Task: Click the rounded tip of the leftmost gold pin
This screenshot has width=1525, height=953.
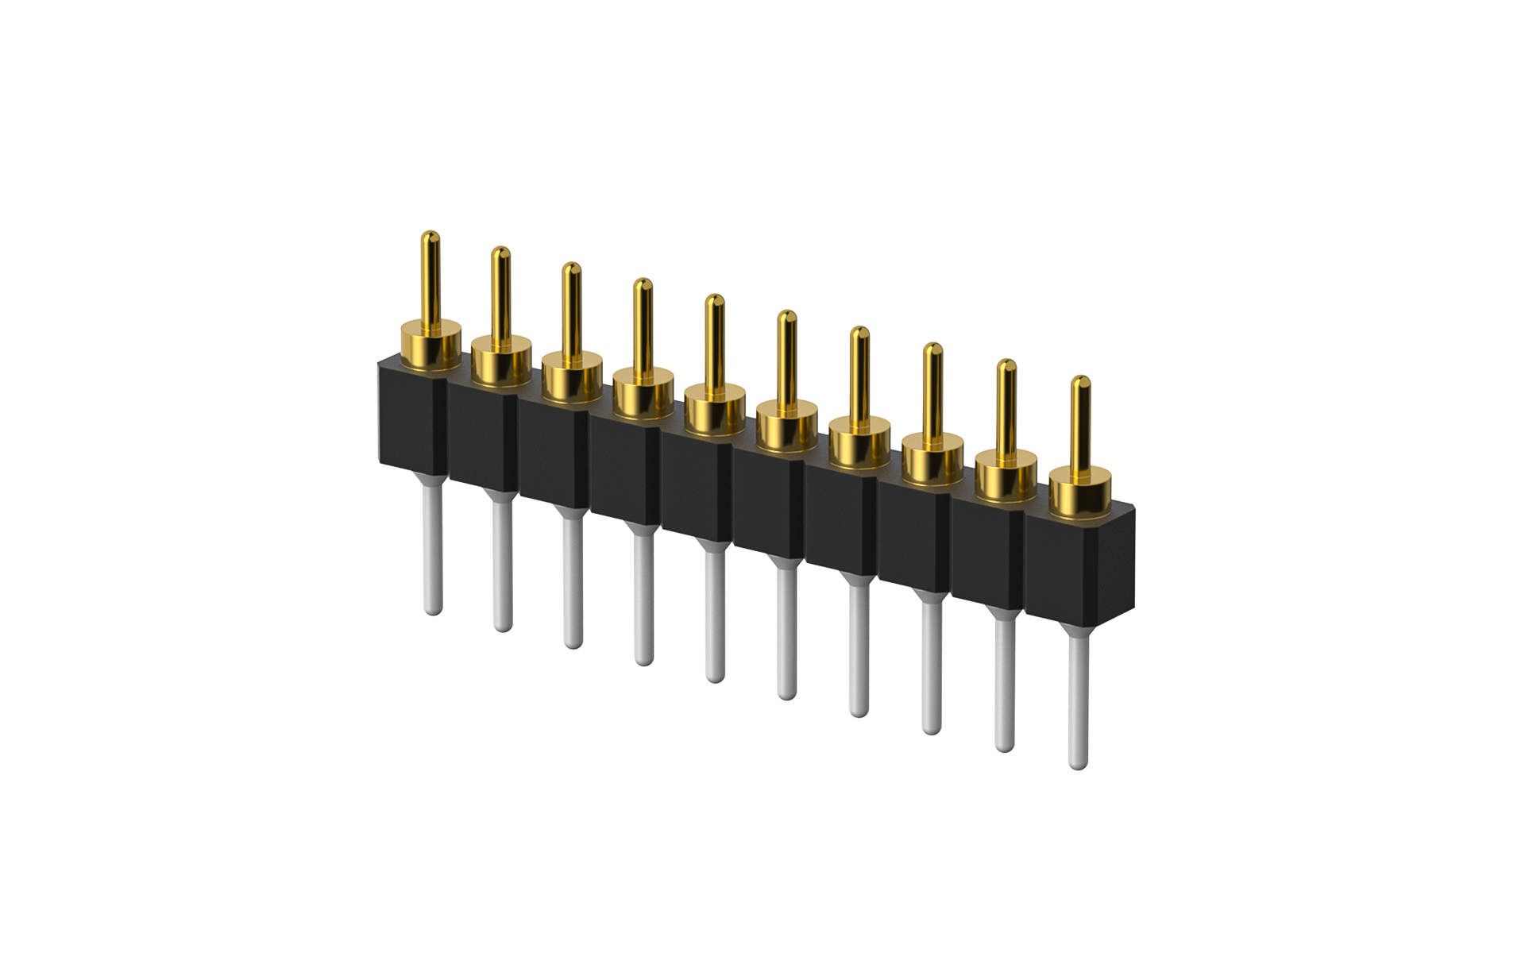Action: tap(430, 236)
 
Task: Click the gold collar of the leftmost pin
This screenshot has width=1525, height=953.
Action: tap(430, 346)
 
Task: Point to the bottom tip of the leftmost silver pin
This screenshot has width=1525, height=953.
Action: tap(432, 610)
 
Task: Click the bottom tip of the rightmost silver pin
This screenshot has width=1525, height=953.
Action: tap(1078, 764)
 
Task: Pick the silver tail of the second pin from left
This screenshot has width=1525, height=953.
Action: tap(502, 564)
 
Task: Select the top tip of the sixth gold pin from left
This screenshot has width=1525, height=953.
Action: tap(786, 315)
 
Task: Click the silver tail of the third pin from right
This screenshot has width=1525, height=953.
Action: tap(932, 667)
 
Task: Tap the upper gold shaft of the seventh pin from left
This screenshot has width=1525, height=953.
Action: tap(859, 373)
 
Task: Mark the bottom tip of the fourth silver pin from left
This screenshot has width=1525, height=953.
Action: tap(644, 661)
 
